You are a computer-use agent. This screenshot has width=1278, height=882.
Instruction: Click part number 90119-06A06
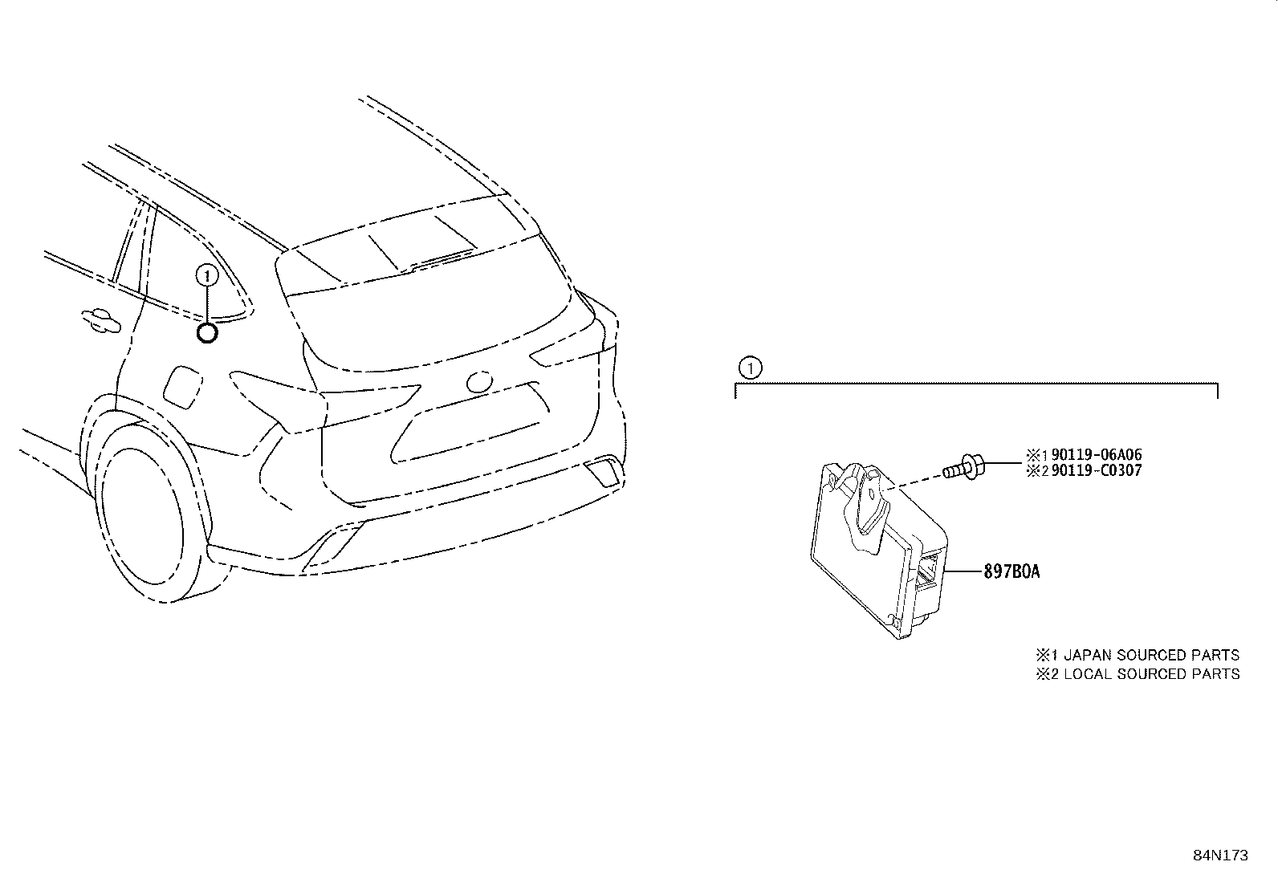pos(1097,455)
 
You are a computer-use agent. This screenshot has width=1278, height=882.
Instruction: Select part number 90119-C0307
pos(1097,470)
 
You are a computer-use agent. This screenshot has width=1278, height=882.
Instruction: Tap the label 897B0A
pos(1011,571)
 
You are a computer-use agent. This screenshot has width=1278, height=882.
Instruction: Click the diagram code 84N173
pos(1220,856)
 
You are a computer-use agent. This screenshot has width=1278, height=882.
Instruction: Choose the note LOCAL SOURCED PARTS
pos(1152,674)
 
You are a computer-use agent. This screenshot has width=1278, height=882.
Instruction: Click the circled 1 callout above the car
pos(206,276)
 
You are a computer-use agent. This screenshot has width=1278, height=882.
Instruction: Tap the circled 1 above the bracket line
pos(751,368)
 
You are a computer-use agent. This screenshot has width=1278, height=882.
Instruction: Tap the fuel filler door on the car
pos(182,388)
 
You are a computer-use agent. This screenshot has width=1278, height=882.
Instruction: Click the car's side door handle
pos(101,321)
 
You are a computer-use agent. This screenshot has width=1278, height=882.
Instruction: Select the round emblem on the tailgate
pos(479,382)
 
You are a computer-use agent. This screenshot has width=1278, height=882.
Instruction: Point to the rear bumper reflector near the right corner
pos(604,471)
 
